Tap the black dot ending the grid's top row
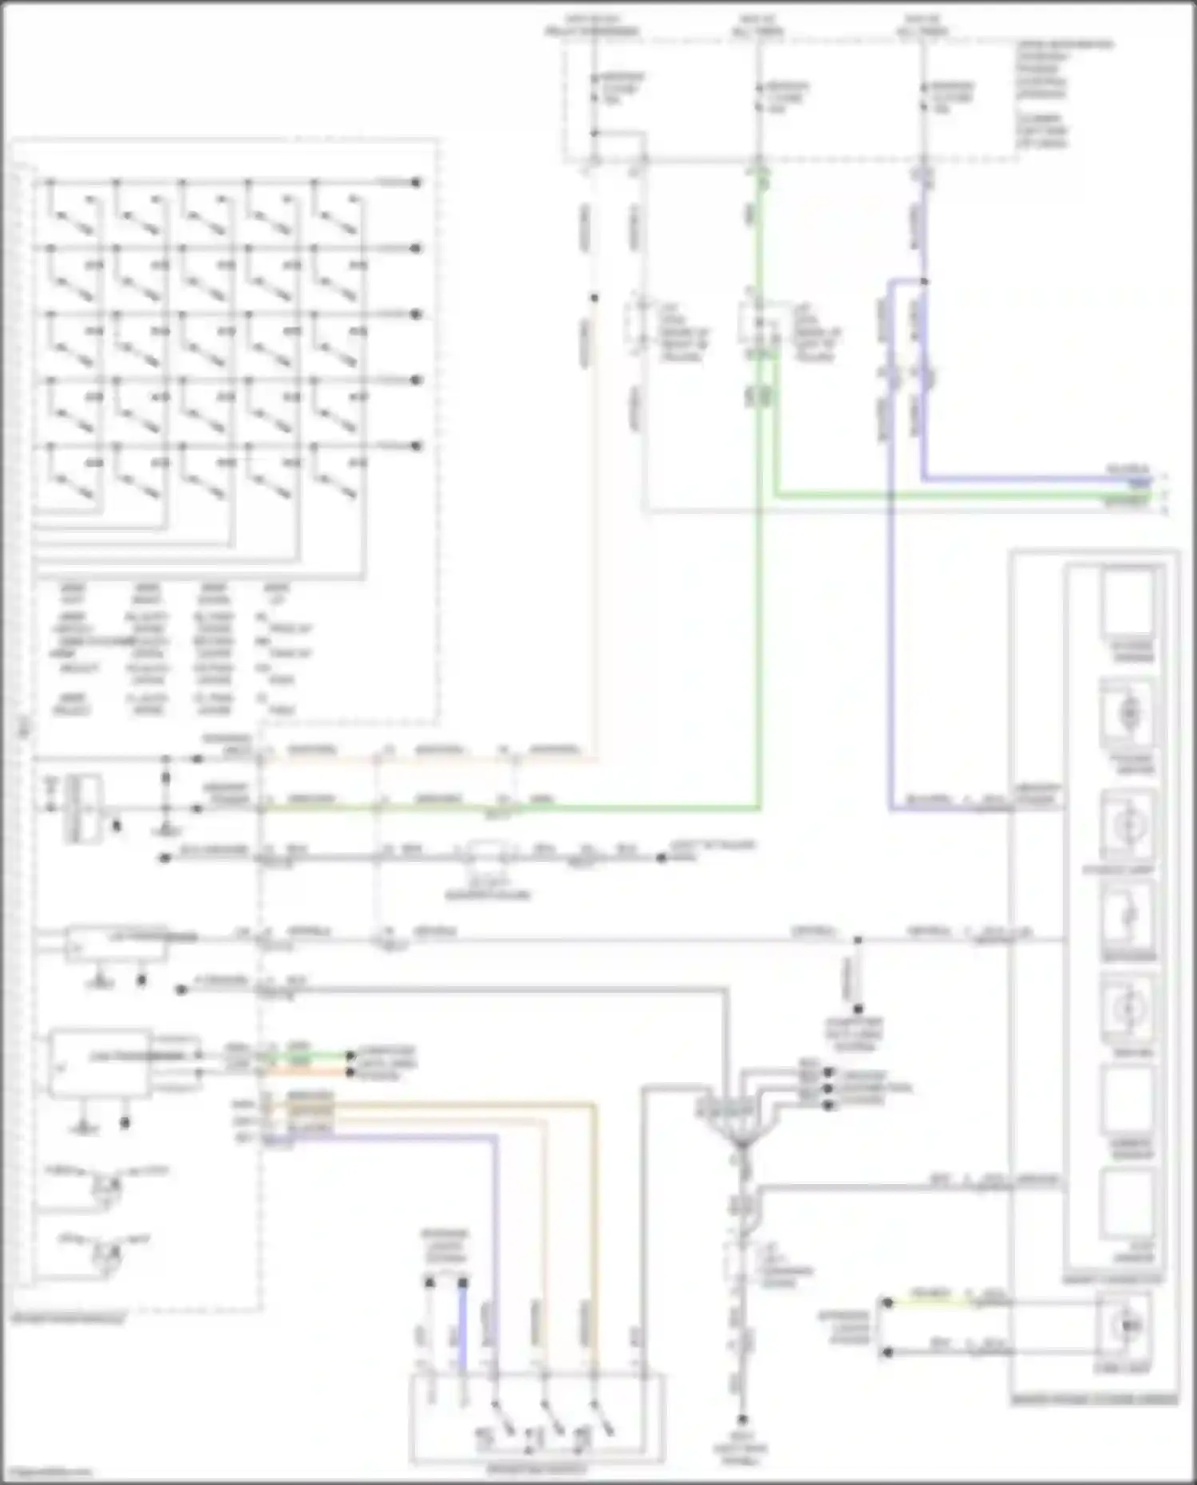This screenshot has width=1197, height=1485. (416, 183)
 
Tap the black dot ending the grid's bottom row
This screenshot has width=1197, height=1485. (416, 446)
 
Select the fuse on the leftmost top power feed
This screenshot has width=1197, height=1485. (595, 89)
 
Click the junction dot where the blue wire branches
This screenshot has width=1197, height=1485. (924, 281)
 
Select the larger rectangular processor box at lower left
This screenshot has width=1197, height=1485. (99, 1064)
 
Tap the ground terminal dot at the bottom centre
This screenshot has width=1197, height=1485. (742, 1420)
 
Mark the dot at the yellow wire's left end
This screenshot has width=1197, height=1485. (887, 1302)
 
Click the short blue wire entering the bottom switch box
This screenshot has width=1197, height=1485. (462, 1329)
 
